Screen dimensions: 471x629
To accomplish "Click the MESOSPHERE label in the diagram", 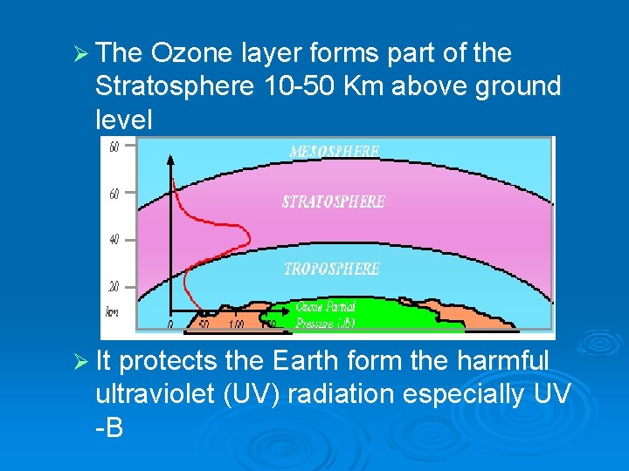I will click(x=334, y=152).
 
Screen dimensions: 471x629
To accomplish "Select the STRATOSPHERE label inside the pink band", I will click(x=333, y=201).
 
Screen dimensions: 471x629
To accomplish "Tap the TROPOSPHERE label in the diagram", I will click(x=331, y=269).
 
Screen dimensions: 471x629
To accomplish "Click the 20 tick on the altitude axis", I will click(x=114, y=285).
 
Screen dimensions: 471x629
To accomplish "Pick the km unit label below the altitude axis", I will click(x=113, y=311).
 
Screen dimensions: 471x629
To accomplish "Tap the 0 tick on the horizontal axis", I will click(x=170, y=324).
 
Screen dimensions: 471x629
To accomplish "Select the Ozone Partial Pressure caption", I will click(x=325, y=315).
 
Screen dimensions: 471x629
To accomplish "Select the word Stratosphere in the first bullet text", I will click(x=176, y=86).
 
